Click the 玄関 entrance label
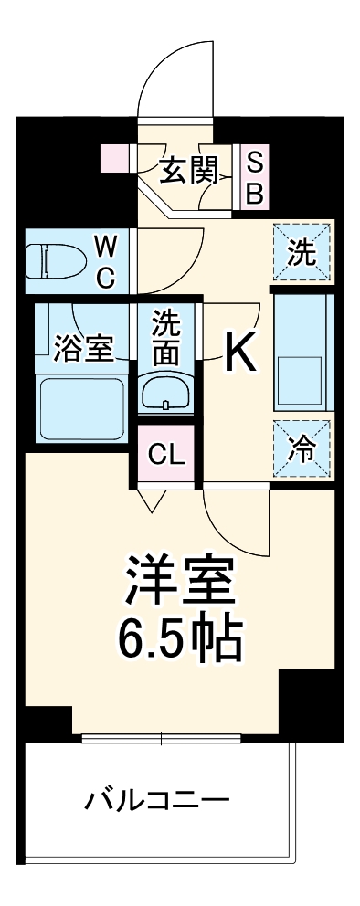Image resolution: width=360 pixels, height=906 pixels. [x=189, y=171]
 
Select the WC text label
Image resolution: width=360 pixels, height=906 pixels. [x=106, y=261]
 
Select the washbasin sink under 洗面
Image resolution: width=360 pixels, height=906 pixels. [x=165, y=393]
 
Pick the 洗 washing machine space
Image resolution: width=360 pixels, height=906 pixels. [x=302, y=252]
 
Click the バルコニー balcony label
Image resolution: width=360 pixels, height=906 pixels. [x=157, y=802]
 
